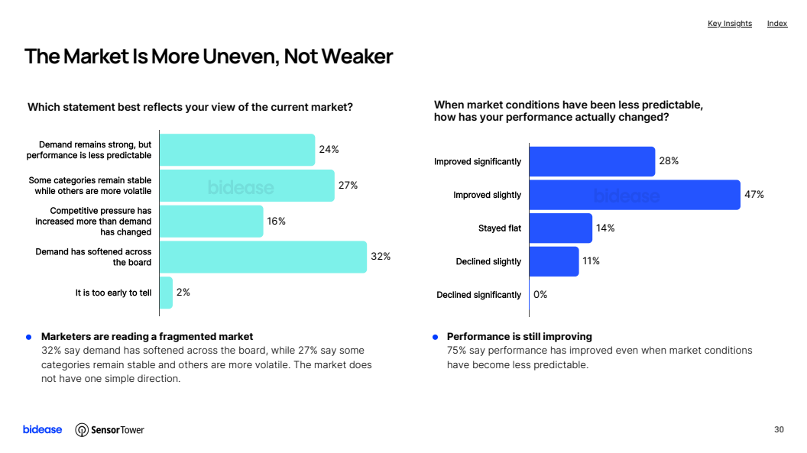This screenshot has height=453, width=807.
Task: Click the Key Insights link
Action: click(x=729, y=24)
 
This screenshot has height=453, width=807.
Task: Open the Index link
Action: click(x=777, y=24)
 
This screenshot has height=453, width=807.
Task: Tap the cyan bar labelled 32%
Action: click(x=263, y=257)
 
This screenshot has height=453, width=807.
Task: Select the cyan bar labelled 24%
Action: click(x=237, y=150)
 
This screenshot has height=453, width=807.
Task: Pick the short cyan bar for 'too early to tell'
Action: click(x=167, y=293)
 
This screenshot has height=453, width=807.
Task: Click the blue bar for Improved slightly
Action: click(x=634, y=195)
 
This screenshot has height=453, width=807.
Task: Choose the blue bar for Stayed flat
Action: click(x=560, y=228)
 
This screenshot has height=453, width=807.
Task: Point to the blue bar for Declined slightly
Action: click(x=554, y=262)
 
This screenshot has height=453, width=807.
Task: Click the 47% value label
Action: click(x=754, y=194)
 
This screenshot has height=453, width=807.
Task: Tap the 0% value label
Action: click(x=540, y=295)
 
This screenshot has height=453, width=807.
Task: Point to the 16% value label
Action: click(x=276, y=221)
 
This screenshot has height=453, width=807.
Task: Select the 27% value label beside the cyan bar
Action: click(x=348, y=185)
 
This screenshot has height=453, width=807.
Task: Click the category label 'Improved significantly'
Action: click(x=478, y=161)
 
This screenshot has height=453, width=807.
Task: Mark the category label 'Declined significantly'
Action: click(x=478, y=295)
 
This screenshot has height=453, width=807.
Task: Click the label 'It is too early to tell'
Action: click(x=113, y=293)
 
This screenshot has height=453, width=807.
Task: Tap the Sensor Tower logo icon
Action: click(x=81, y=430)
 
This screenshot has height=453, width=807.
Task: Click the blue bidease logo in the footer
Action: click(x=42, y=429)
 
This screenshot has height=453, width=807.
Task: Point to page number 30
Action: click(x=779, y=429)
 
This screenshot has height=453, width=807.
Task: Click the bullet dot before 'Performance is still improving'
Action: click(x=436, y=338)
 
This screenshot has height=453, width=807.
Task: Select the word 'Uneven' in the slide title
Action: click(x=241, y=57)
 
